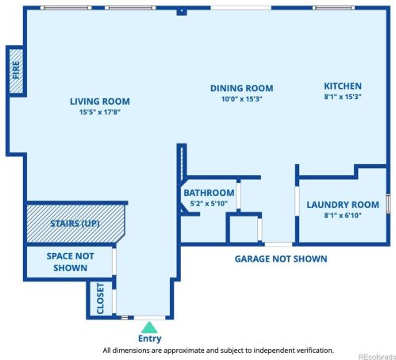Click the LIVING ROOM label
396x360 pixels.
99,101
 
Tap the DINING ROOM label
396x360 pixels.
241,88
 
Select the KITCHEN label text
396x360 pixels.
342,86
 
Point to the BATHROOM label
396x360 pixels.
209,193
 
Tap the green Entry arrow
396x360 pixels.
149,325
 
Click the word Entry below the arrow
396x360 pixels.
149,339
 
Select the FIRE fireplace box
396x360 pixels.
15,71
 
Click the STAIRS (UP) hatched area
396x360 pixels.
75,224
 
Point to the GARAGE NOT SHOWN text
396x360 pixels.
280,259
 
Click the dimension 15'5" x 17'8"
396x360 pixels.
99,113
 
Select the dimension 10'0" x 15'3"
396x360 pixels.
241,99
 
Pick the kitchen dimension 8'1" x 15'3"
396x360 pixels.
342,97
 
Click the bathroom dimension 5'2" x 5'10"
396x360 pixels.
209,204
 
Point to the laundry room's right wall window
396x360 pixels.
388,203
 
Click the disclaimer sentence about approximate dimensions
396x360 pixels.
218,350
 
